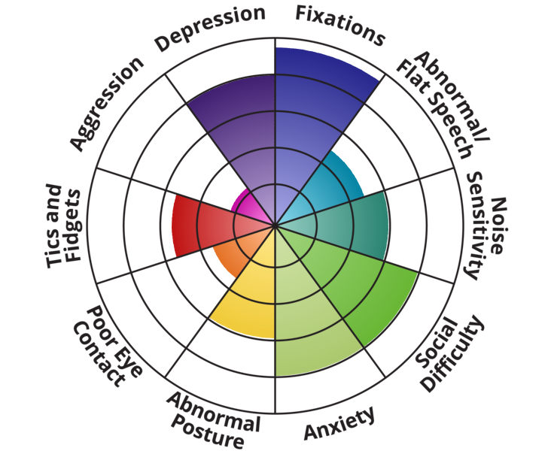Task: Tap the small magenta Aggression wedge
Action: (x=248, y=207)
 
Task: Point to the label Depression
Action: (x=211, y=30)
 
